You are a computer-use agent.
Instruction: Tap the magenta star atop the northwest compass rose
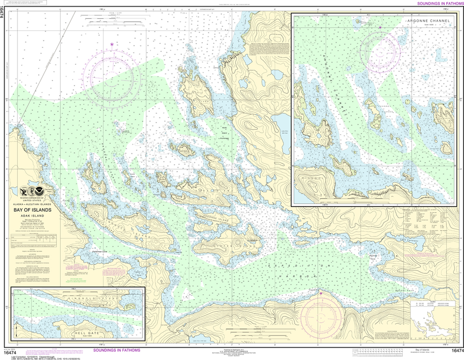[x=112, y=44]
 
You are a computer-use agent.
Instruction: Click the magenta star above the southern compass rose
[x=321, y=293]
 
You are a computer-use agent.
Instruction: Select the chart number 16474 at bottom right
[x=456, y=350]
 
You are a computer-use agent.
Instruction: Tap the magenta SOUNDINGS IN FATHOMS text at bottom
[x=116, y=350]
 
